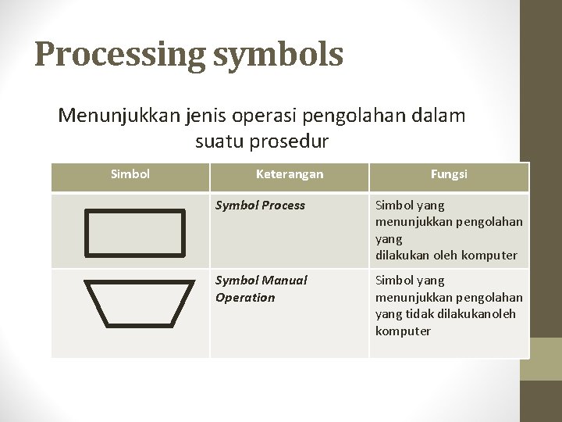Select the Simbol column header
[130, 174]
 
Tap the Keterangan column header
[289, 174]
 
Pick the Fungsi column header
[449, 174]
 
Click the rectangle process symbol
[134, 232]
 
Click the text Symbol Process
[260, 206]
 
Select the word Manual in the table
[284, 280]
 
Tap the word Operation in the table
[245, 297]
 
